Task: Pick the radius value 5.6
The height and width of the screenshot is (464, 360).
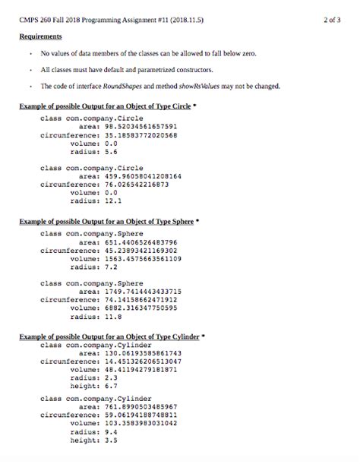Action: click(x=99, y=151)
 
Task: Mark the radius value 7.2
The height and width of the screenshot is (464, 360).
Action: click(x=99, y=267)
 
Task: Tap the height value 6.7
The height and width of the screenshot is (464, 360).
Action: click(x=99, y=386)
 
